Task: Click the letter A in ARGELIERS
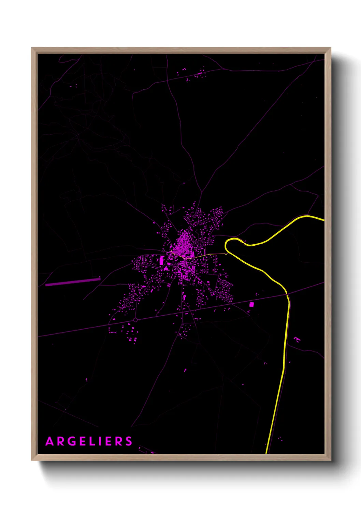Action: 50,442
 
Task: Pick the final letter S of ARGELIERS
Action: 129,442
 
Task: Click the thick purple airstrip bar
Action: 73,282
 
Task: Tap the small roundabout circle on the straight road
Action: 135,320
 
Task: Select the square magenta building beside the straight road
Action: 251,304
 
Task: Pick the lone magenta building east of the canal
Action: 297,339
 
